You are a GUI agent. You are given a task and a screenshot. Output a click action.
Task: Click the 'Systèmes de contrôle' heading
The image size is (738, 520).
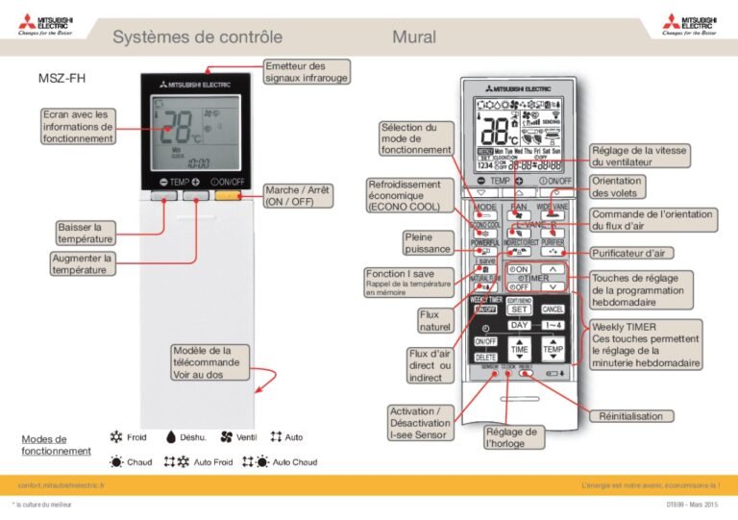[x=197, y=37]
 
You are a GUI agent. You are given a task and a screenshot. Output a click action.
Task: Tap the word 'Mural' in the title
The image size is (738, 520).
[x=413, y=37]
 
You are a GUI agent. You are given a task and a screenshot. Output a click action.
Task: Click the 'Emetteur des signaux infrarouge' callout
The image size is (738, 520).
[x=306, y=71]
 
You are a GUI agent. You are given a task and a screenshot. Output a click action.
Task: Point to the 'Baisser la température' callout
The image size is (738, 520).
[x=86, y=233]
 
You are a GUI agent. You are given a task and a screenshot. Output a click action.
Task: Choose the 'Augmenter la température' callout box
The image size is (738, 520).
[x=84, y=264]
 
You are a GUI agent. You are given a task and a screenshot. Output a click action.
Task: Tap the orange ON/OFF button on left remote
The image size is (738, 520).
[x=228, y=196]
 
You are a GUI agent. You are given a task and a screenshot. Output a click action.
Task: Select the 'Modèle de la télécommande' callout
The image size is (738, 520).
[x=209, y=362]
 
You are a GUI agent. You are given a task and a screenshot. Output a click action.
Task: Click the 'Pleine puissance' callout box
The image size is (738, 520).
[x=427, y=243]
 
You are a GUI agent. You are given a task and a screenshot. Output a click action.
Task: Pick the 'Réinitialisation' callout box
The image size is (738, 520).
[x=629, y=416]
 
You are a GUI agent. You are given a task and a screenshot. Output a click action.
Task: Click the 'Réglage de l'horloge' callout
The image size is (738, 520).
[x=511, y=438]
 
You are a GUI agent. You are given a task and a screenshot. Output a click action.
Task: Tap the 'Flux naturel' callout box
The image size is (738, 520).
[x=434, y=321]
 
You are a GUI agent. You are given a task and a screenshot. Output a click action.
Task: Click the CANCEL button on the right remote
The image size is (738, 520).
[x=553, y=310]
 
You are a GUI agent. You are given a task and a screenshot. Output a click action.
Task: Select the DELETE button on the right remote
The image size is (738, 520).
[x=485, y=358]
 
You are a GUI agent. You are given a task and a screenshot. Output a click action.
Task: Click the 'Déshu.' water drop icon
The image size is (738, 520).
[x=170, y=437]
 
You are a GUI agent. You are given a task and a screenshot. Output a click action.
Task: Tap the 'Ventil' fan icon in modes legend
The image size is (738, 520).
[x=227, y=437]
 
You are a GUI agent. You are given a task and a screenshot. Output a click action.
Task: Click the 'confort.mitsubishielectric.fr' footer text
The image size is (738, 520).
[x=61, y=486]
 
